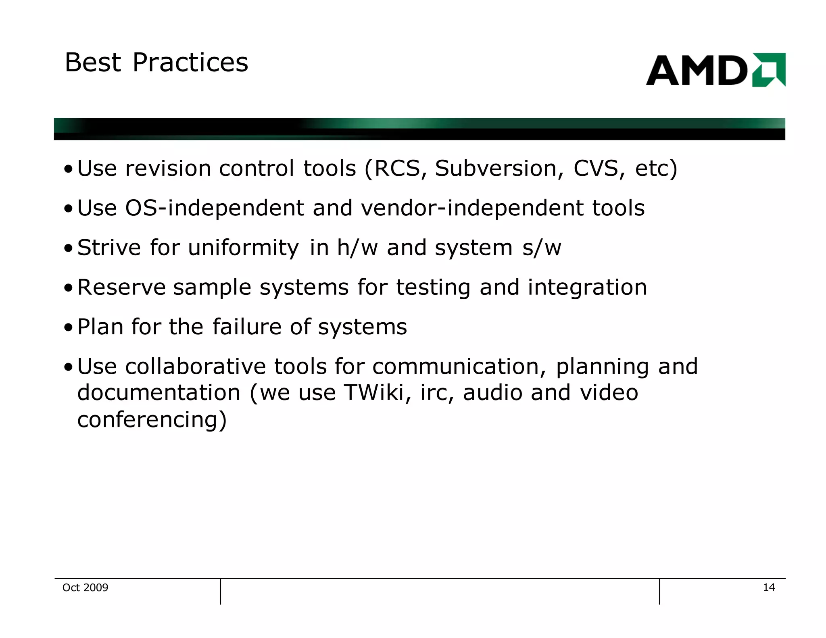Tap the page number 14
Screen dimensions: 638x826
(x=769, y=587)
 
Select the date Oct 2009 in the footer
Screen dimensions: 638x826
(x=85, y=588)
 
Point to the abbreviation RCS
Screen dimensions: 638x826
(x=397, y=168)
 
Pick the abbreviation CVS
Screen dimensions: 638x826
(x=596, y=168)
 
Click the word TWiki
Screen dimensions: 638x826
(x=374, y=392)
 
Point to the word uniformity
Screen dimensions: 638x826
(x=243, y=248)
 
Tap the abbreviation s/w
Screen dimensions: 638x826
(x=541, y=248)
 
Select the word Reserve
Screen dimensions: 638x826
(x=121, y=287)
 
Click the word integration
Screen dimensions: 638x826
(x=587, y=287)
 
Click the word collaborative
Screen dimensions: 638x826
(x=195, y=367)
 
